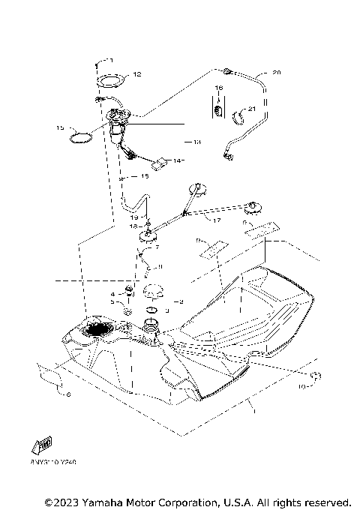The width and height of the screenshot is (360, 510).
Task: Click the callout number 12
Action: pos(136,74)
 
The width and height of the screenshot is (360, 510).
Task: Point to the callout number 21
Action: pos(252,110)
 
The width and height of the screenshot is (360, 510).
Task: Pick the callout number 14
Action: pos(177,160)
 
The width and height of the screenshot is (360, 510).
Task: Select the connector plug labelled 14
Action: pos(160,163)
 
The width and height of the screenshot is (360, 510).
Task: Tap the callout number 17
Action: pos(217,220)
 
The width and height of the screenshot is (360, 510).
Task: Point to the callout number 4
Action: pos(113,294)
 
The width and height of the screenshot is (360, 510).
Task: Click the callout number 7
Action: pos(157,247)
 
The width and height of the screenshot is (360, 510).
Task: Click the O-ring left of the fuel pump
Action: pos(81,137)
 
